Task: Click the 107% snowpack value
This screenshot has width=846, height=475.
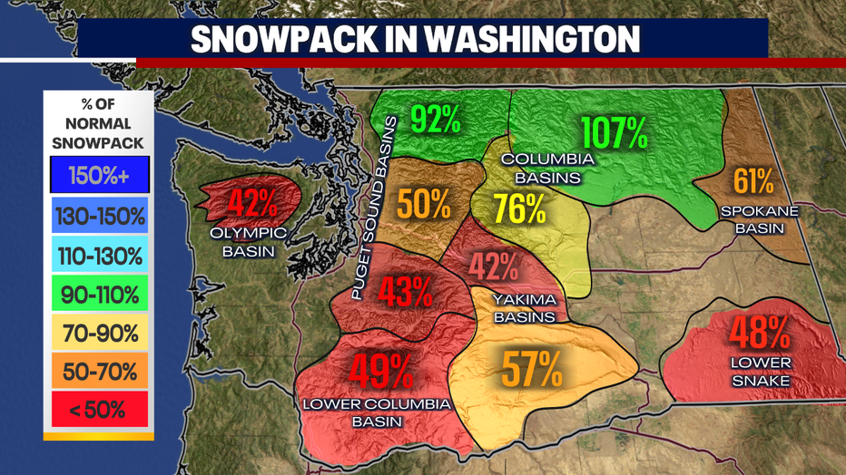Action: pyautogui.click(x=614, y=133)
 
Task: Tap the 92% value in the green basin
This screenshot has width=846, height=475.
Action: pyautogui.click(x=436, y=119)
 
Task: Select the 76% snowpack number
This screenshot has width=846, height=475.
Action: pyautogui.click(x=519, y=209)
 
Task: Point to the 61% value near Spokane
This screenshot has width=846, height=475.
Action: pyautogui.click(x=753, y=181)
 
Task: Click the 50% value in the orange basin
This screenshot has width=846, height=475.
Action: pyautogui.click(x=424, y=203)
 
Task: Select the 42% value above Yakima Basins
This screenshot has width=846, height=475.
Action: pyautogui.click(x=494, y=267)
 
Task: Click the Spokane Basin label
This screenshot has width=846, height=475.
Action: pyautogui.click(x=760, y=219)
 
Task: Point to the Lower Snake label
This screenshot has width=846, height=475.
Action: pyautogui.click(x=761, y=372)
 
